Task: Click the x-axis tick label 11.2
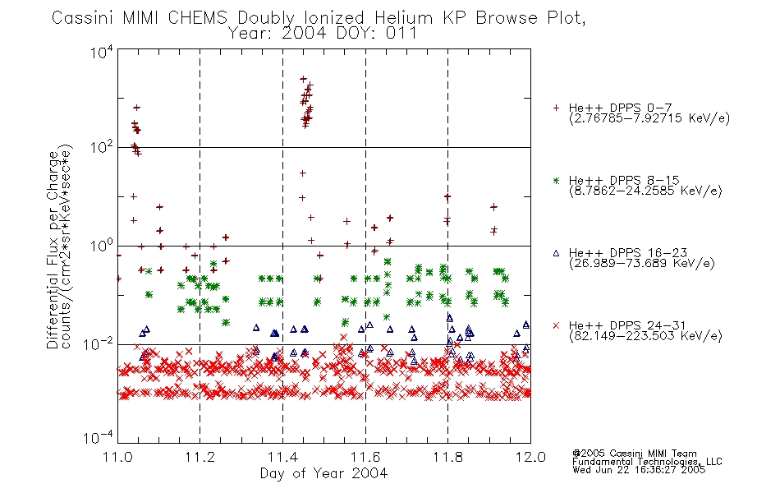[200, 457]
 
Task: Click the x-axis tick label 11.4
[282, 457]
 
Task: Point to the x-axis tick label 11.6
[365, 457]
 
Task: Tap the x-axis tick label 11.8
[448, 457]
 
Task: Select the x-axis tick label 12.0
[530, 457]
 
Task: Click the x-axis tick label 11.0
[117, 457]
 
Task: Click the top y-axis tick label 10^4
[102, 52]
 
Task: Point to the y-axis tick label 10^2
[102, 147]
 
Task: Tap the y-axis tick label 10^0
[102, 246]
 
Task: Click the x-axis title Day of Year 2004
[323, 473]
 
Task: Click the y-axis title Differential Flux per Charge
[53, 250]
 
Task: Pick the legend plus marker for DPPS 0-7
[556, 108]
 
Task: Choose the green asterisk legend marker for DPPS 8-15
[556, 180]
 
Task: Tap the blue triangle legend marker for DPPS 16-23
[556, 253]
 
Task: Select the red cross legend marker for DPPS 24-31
[556, 325]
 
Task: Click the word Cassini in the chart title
[84, 18]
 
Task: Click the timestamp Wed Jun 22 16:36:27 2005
[639, 469]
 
